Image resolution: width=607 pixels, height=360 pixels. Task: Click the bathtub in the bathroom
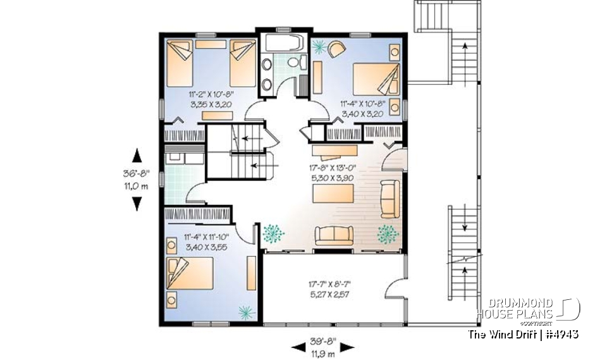[283, 44]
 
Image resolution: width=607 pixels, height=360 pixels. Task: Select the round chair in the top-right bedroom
[337, 48]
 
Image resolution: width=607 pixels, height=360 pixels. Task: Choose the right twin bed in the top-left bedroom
[242, 61]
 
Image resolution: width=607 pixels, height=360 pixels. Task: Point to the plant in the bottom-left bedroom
[244, 310]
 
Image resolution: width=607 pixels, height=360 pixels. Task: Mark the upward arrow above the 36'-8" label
[136, 154]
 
